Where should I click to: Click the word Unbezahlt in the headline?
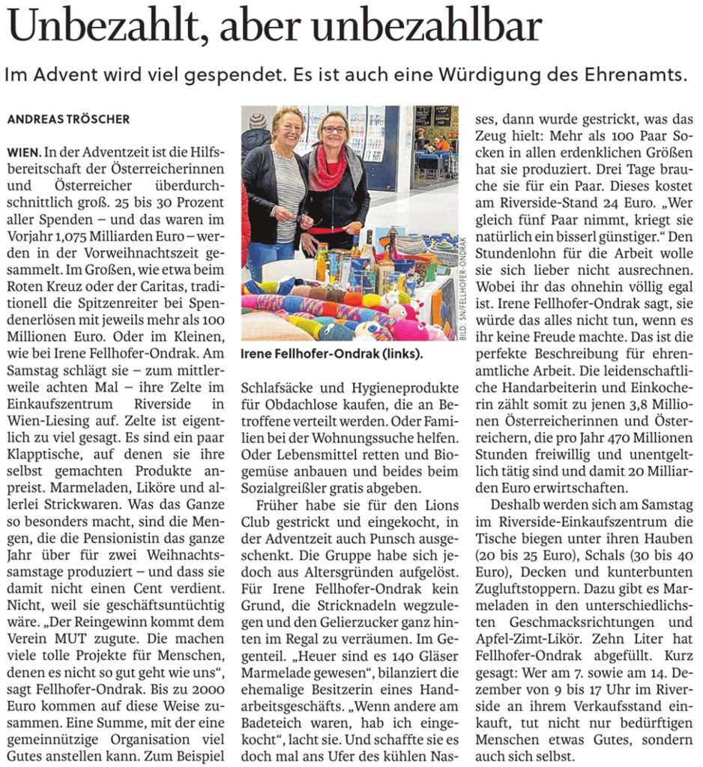tap(101, 28)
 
